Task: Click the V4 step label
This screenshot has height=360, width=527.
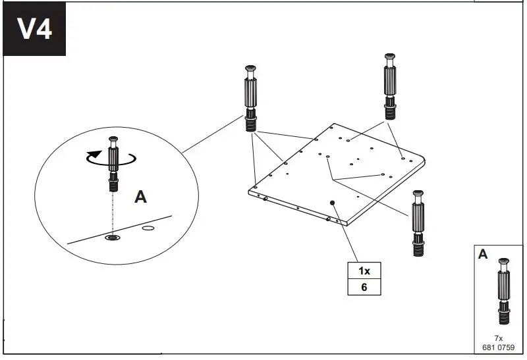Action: [34, 30]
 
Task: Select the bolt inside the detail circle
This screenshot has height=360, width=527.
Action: [113, 161]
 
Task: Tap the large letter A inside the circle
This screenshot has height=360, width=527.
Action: [140, 196]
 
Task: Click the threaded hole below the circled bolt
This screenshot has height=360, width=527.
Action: [113, 236]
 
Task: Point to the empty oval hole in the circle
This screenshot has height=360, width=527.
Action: [148, 228]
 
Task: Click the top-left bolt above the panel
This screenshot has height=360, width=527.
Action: [251, 99]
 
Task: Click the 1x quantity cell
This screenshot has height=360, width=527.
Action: [364, 270]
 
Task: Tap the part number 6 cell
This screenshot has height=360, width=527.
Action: [364, 288]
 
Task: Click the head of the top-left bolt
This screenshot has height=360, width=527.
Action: [251, 70]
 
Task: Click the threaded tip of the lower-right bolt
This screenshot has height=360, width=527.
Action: [418, 250]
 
